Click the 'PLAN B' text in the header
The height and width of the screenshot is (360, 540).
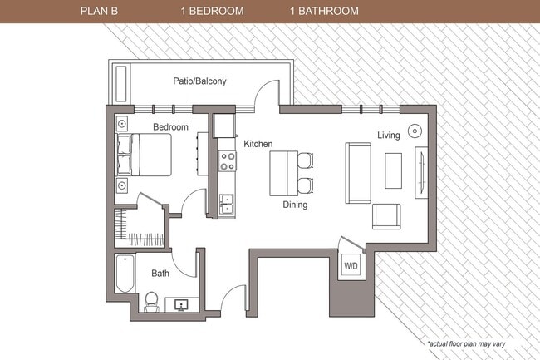pos(99,12)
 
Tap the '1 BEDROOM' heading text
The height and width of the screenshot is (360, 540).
pos(212,12)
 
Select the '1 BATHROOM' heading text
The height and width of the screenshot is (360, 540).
pos(324,12)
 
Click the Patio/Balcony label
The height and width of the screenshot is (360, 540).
pos(199,81)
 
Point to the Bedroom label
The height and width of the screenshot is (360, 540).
pos(170,126)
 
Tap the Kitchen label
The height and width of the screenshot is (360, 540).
pos(258,144)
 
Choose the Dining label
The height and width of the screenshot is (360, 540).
pos(295,205)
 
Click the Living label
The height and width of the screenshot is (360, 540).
pos(389,135)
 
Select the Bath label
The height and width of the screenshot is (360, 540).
pos(160,273)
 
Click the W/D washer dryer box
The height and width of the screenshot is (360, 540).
pos(351,265)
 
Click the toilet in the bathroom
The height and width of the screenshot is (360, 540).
pos(152,301)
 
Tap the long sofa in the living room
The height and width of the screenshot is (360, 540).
pos(358,173)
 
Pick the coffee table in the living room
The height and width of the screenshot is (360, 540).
pos(393,170)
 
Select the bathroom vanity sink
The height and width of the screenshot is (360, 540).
pos(182,304)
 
